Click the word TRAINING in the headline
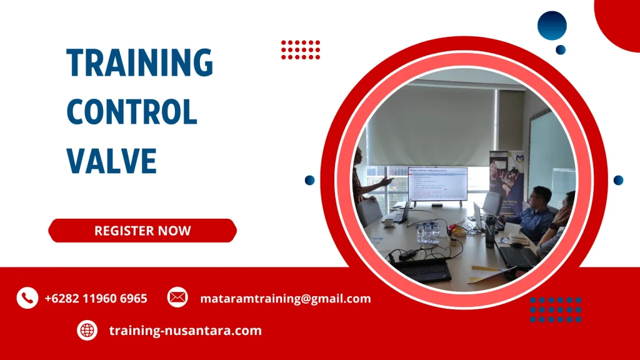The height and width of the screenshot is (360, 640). (x=140, y=63)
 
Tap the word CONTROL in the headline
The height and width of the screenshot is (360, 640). (x=132, y=112)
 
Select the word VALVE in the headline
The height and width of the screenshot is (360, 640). (x=112, y=160)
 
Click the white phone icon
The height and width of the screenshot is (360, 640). (x=27, y=298)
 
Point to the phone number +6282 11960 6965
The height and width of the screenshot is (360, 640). (x=96, y=299)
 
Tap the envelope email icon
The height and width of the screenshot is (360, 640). (x=177, y=297)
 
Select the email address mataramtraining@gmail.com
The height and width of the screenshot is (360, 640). (x=285, y=299)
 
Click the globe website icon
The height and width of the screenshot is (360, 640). (x=87, y=330)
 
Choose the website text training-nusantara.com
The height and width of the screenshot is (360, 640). (x=185, y=331)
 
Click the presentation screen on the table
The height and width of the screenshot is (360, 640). (x=437, y=184)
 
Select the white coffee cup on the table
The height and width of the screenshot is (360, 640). (x=388, y=221)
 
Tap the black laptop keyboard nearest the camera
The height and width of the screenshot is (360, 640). (x=421, y=269)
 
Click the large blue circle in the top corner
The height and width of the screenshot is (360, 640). (x=552, y=26)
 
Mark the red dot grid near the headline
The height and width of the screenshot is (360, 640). (x=301, y=49)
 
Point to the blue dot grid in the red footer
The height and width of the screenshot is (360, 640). (x=556, y=309)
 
